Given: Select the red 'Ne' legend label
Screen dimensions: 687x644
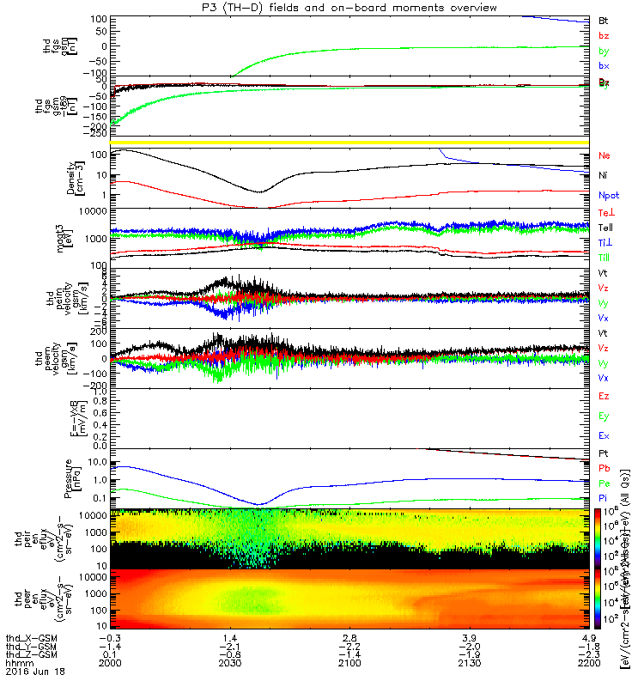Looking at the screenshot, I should tap(604, 156).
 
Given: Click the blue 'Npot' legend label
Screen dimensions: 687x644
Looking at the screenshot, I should tap(608, 195).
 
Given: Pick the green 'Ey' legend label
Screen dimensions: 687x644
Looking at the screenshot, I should tap(604, 416).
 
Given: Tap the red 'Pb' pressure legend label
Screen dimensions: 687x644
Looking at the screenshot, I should tap(604, 468).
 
